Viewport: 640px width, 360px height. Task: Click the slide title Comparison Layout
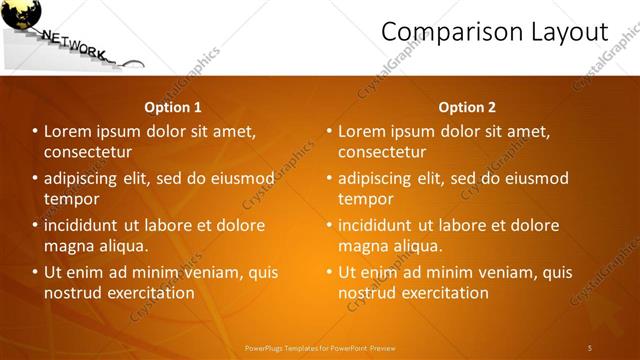495,33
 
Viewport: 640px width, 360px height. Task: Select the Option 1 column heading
173,107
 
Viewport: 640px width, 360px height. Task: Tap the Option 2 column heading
467,107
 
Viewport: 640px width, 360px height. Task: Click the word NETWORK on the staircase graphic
74,45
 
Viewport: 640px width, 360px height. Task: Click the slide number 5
590,347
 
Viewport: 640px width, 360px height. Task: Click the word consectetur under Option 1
88,152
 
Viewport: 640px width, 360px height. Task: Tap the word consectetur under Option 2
382,152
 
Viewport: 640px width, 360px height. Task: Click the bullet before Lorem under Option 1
34,131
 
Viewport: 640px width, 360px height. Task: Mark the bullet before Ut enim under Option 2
328,272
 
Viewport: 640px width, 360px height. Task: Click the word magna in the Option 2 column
363,245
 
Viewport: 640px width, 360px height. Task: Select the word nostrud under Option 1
73,293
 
